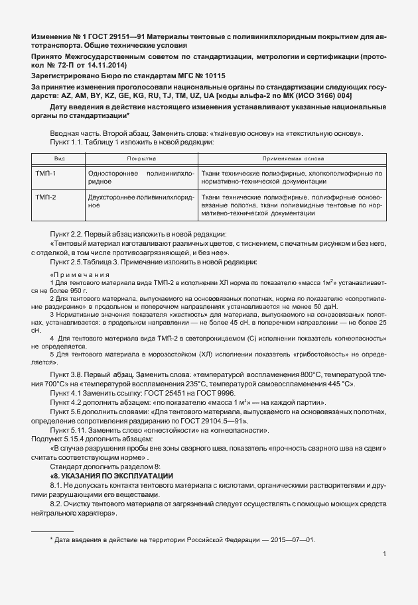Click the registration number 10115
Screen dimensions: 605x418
[193, 76]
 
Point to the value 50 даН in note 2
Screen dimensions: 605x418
[326, 306]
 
